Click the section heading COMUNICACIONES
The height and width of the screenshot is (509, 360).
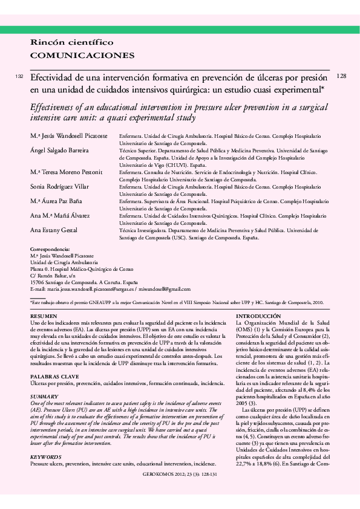82,55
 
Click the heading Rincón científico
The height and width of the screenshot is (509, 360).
72,42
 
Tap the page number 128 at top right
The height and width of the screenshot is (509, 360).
341,76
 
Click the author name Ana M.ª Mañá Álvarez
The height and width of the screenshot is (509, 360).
61,215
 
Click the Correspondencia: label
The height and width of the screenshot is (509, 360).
50,249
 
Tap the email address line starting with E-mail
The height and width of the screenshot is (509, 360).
110,290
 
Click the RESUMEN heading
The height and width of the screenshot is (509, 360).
44,316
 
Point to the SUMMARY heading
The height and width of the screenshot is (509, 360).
44,397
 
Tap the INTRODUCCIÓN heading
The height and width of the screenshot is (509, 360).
258,316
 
